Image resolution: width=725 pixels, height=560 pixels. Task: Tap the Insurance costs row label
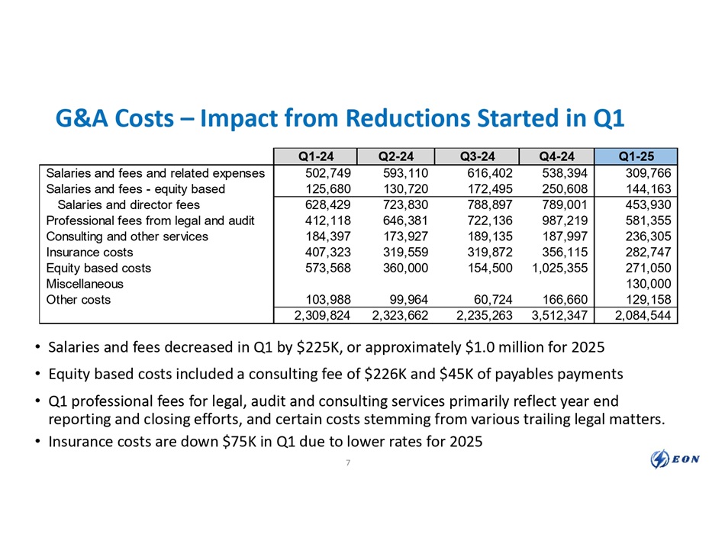[x=89, y=252]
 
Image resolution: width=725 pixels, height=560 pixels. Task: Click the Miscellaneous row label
[x=83, y=284]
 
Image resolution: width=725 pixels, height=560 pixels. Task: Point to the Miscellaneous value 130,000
[x=646, y=284]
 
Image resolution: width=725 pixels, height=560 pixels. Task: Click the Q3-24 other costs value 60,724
[x=490, y=300]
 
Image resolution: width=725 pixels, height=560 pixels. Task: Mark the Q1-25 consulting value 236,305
[x=646, y=237]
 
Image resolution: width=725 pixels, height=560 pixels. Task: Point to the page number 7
[x=348, y=466]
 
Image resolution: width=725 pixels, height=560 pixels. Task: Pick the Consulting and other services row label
[x=127, y=237]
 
